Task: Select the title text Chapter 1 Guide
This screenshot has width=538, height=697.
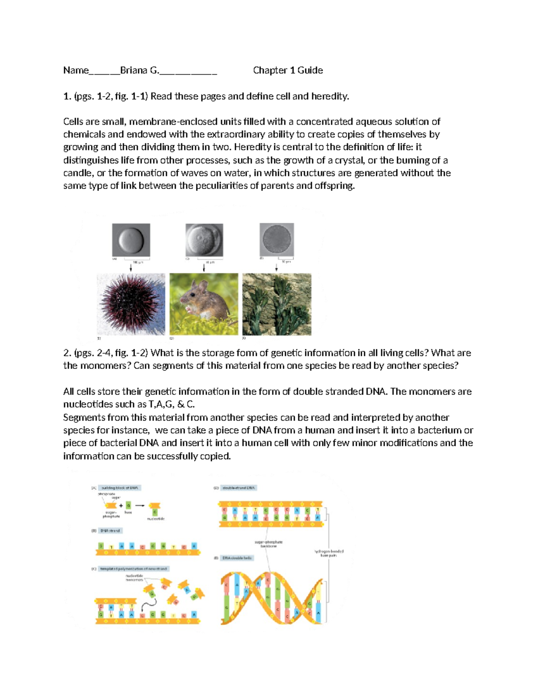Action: coord(288,70)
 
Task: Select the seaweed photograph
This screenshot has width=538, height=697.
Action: coord(277,304)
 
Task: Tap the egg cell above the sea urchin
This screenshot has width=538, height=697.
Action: coord(131,240)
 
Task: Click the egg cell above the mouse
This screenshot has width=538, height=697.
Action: coord(204,240)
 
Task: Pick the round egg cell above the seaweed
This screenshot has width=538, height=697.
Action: coord(277,239)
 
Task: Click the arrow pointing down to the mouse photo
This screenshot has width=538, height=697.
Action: coord(204,267)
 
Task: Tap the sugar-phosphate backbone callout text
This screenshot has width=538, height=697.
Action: coord(269,544)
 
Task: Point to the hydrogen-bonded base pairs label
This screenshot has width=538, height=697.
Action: coord(329,553)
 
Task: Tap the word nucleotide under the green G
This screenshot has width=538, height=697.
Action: coord(156,518)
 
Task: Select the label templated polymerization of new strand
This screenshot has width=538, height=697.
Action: coord(133,569)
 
